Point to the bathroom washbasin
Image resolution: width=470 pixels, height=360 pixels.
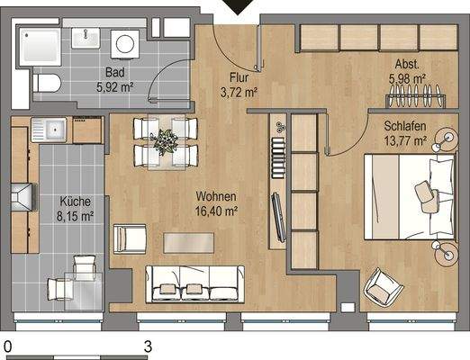point(89,38)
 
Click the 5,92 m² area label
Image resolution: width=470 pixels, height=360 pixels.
point(113,87)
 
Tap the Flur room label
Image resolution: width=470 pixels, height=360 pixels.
point(240,77)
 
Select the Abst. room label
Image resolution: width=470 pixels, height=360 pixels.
point(408,64)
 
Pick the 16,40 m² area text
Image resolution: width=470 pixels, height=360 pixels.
point(218,211)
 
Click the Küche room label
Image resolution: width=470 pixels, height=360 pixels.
point(76,202)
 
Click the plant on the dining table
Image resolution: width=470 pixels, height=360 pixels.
point(166,141)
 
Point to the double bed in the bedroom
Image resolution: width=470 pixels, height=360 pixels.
point(411,196)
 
